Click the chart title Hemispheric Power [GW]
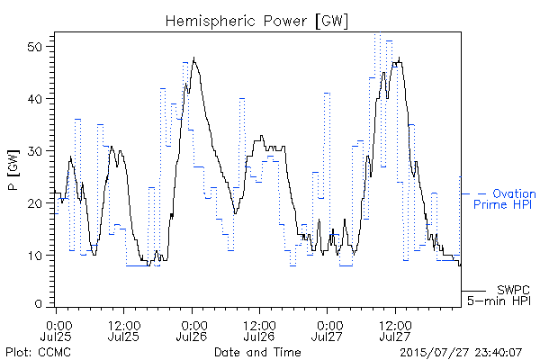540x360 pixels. point(256,22)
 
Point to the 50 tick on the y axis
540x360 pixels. point(35,47)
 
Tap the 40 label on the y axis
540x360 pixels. point(35,99)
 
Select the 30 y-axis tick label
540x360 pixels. point(35,151)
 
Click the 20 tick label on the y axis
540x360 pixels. point(35,203)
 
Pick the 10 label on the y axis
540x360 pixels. point(35,256)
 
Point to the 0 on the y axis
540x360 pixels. point(39,304)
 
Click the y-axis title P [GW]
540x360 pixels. point(13,170)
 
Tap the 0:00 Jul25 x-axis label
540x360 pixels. point(57,330)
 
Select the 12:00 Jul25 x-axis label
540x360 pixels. point(124,330)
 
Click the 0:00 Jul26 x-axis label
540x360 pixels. point(192,330)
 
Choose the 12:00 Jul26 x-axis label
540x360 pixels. point(259,330)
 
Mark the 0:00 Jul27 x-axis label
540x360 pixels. point(328,330)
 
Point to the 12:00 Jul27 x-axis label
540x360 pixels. point(395,330)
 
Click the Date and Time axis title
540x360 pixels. point(257,352)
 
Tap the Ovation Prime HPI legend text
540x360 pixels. point(505,199)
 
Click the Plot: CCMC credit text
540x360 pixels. point(38,352)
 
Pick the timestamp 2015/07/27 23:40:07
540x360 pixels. point(461,353)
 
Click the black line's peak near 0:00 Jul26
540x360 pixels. point(194,58)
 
